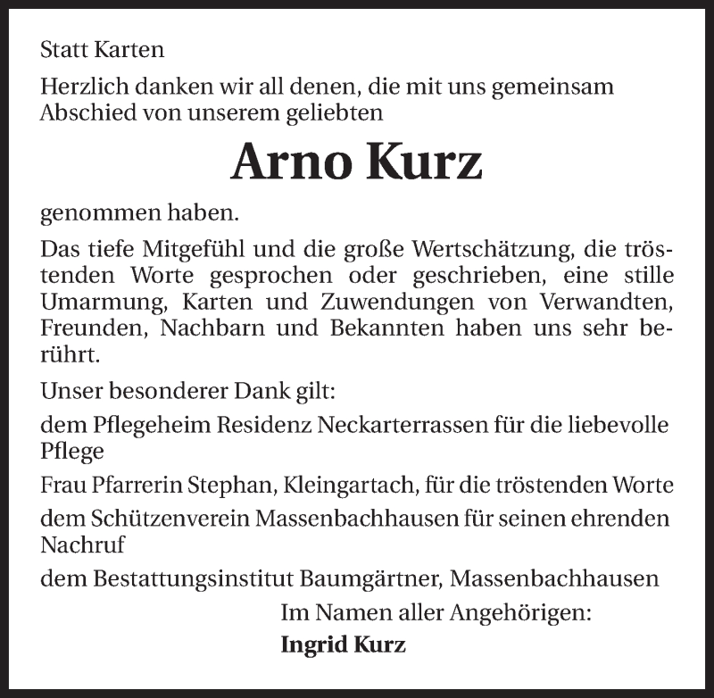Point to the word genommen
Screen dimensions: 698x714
point(95,214)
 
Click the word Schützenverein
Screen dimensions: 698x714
point(154,519)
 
